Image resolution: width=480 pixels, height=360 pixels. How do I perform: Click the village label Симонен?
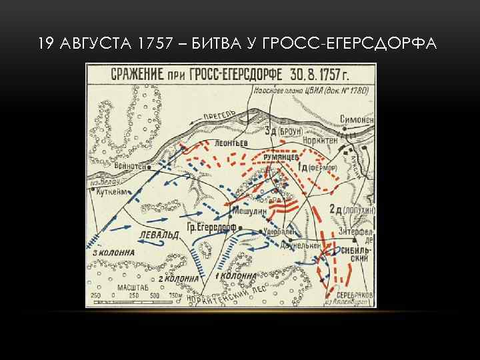357,119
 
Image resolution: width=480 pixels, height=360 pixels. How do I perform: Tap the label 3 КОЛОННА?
114,253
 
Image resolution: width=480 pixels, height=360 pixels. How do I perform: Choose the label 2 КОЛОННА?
177,278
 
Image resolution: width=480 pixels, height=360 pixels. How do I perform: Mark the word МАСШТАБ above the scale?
129,287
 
